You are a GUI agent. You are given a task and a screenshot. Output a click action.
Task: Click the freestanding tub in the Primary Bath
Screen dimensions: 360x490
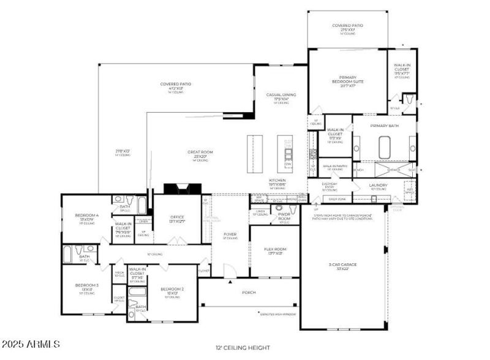tap(385, 148)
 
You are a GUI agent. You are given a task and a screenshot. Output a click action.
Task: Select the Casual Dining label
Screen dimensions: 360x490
tap(281, 97)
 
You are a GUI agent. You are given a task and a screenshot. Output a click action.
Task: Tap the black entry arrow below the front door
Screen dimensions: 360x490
tap(230, 282)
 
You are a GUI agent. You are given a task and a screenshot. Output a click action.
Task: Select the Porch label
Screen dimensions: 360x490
tap(249, 293)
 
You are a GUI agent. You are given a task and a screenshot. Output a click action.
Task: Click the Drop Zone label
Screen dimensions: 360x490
tap(337, 199)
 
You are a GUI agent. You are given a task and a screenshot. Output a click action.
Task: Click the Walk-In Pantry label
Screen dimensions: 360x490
tap(336, 166)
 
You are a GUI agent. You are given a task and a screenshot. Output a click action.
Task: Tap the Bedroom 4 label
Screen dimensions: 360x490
tap(87, 216)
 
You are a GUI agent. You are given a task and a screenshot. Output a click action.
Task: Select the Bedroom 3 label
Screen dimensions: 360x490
tap(86, 286)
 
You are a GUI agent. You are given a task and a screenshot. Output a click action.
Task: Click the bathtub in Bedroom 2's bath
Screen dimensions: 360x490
tap(141, 315)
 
